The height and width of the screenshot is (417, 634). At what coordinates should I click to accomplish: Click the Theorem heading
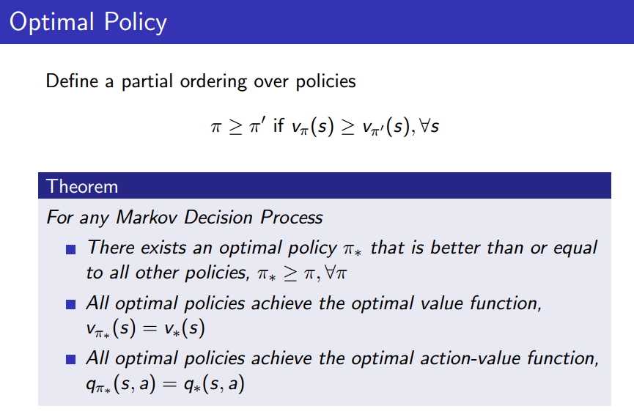point(82,186)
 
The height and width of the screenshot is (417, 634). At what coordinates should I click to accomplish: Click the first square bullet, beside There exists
point(70,249)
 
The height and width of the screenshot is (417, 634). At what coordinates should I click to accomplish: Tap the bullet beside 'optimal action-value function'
point(70,359)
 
